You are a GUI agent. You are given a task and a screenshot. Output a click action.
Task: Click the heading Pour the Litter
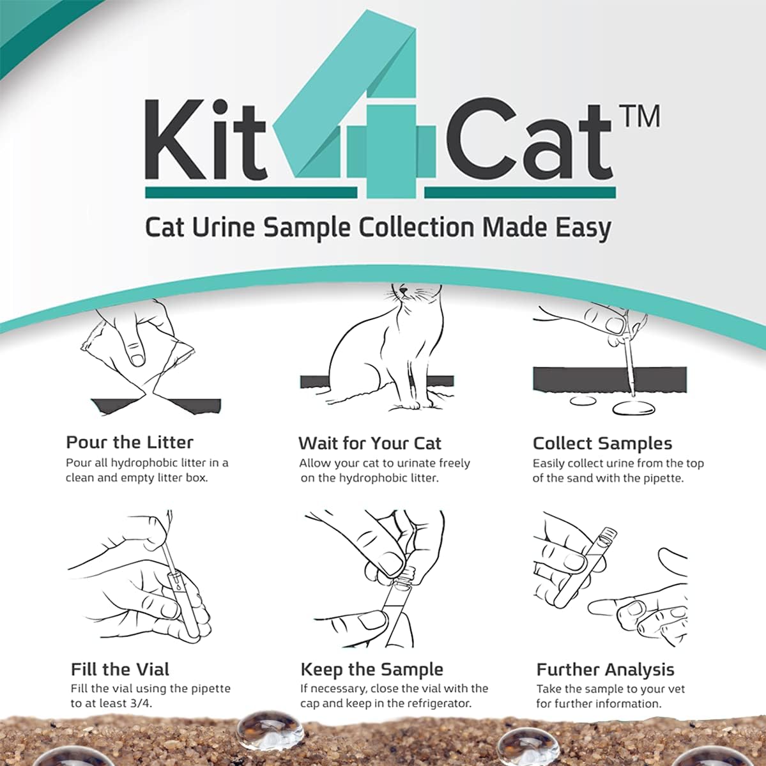point(130,442)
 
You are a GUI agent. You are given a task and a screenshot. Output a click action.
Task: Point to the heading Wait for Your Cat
point(369,443)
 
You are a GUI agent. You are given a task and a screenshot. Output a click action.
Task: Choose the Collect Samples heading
point(602,443)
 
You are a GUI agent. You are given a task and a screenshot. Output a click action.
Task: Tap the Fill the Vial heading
point(120,670)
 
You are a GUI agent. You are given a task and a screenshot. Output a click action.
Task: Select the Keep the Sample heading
point(371,670)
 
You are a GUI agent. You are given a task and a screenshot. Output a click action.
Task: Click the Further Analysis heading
point(605,670)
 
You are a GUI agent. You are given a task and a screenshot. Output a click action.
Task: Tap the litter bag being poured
point(137,358)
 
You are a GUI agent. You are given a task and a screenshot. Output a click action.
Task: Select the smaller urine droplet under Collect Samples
point(582,401)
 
